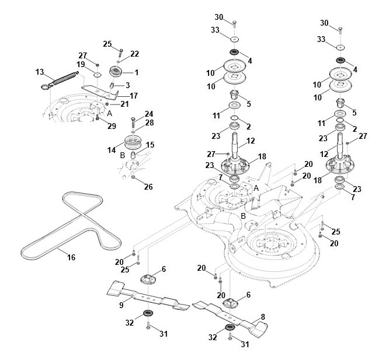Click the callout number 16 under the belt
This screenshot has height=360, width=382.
tap(71, 257)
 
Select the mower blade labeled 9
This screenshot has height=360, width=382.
tap(148, 296)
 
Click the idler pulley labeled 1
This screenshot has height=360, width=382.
tap(116, 72)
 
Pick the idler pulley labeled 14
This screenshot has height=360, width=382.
tap(133, 143)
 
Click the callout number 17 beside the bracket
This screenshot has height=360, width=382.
tap(134, 96)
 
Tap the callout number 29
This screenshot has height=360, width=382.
tap(112, 126)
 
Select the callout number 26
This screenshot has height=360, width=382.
tap(148, 187)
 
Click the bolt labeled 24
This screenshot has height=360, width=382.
tap(133, 123)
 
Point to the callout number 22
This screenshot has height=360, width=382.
tap(134, 54)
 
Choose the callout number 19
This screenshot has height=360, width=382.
tap(81, 64)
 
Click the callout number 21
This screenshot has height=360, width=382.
tap(124, 104)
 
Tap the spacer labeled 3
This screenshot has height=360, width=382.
tap(112, 86)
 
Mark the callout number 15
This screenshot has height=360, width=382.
tap(150, 145)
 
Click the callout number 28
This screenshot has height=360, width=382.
tap(150, 123)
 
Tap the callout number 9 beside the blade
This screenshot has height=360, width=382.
tap(121, 305)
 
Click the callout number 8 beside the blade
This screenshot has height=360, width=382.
tap(263, 317)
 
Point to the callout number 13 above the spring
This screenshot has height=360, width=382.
tap(40, 72)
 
